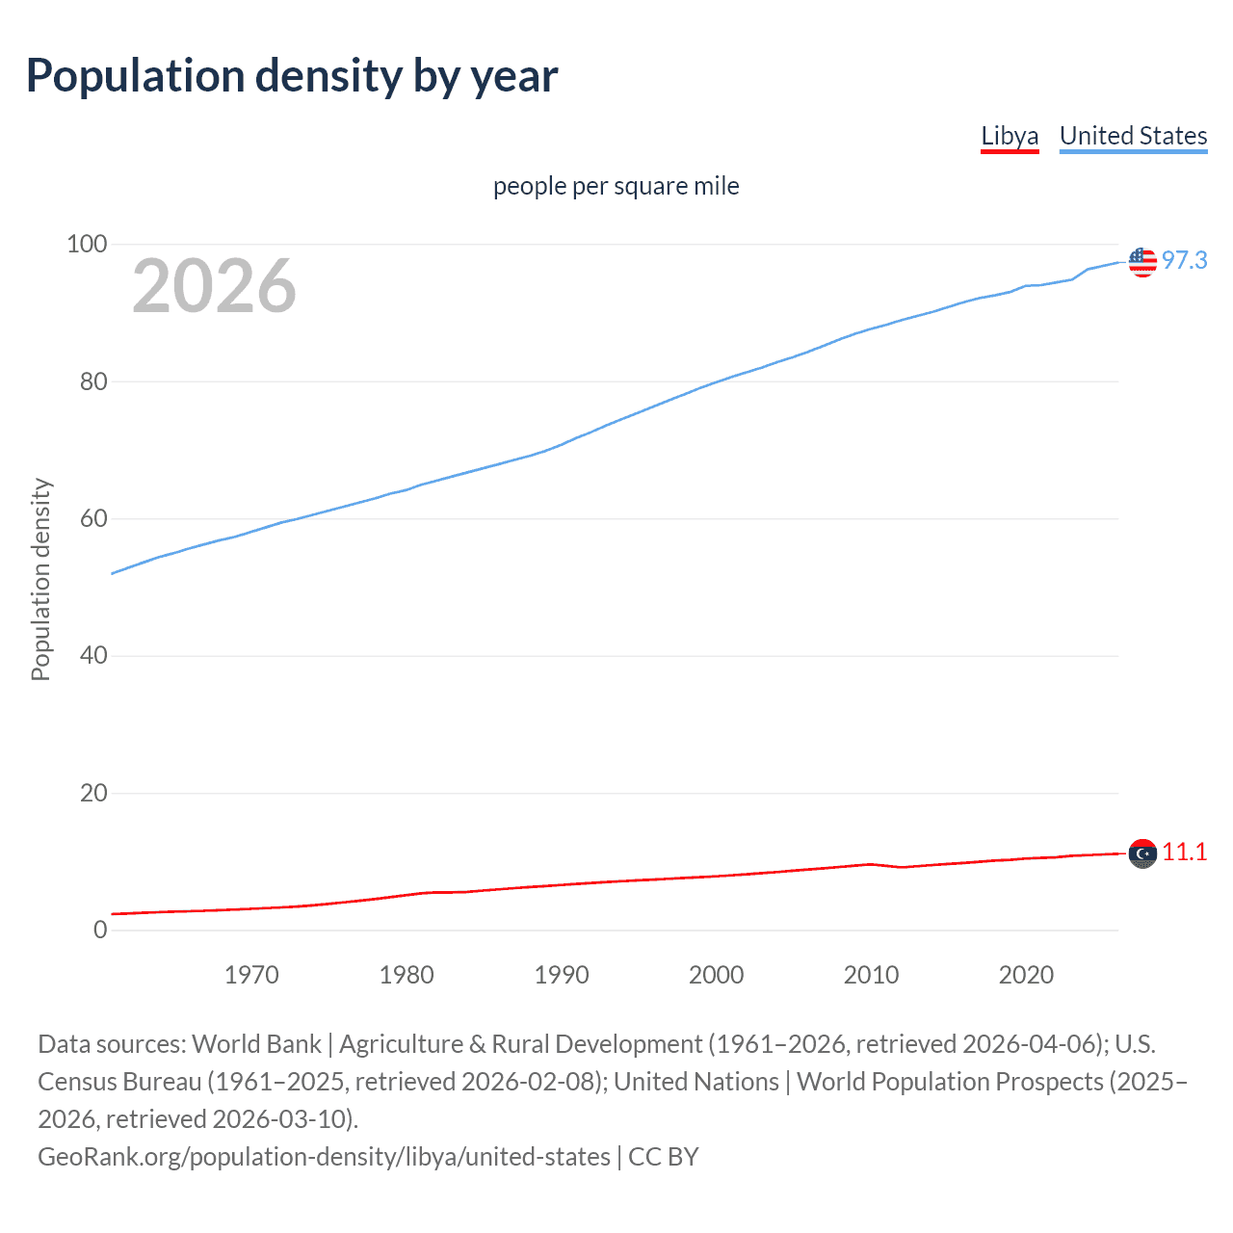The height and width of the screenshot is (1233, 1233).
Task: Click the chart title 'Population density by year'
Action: pyautogui.click(x=292, y=76)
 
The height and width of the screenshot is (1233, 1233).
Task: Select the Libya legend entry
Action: pyautogui.click(x=1010, y=137)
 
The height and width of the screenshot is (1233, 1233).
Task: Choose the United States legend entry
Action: pyautogui.click(x=1133, y=137)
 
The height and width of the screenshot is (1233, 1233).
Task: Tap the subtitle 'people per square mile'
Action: pyautogui.click(x=616, y=186)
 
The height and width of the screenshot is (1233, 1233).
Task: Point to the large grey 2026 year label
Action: pyautogui.click(x=214, y=286)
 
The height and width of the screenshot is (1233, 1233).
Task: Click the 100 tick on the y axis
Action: pyautogui.click(x=86, y=245)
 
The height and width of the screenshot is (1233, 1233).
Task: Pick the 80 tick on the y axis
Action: pyautogui.click(x=92, y=381)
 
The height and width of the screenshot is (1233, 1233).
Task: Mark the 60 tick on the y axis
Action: pyautogui.click(x=92, y=519)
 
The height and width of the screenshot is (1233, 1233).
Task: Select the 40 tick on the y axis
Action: pyautogui.click(x=92, y=656)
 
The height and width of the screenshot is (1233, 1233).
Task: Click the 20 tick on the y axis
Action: pyautogui.click(x=92, y=794)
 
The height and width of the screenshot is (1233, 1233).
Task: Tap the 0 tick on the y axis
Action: pyautogui.click(x=99, y=931)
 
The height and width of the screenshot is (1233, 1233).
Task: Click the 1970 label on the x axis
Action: pyautogui.click(x=251, y=975)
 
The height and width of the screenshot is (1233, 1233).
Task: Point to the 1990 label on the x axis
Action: pyautogui.click(x=562, y=975)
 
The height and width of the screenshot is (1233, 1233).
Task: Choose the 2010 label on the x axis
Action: pyautogui.click(x=871, y=975)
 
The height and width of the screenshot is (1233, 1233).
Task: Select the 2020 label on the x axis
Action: pyautogui.click(x=1026, y=975)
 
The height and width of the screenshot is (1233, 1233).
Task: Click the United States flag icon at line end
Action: pyautogui.click(x=1142, y=261)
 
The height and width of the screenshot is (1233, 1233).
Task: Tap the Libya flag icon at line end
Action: pyautogui.click(x=1142, y=853)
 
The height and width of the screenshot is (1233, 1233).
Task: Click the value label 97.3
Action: pyautogui.click(x=1184, y=261)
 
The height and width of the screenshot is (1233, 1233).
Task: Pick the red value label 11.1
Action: pyautogui.click(x=1184, y=853)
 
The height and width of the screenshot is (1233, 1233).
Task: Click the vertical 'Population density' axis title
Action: pyautogui.click(x=40, y=580)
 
